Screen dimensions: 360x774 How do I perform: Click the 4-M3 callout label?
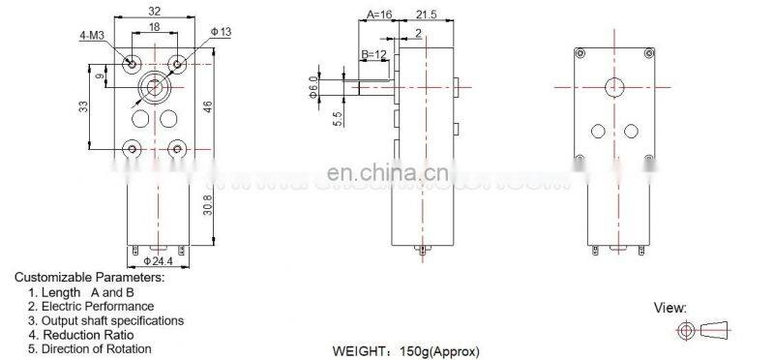coord(94,39)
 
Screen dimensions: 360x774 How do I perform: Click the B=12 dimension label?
coord(375,53)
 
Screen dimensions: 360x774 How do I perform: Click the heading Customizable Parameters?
coord(89,277)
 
